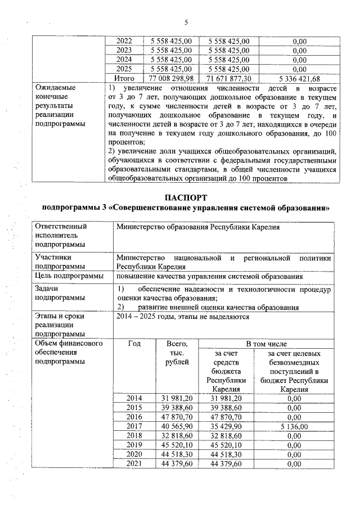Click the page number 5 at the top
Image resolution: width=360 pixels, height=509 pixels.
[x=186, y=22]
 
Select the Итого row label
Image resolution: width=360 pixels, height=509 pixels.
[x=124, y=78]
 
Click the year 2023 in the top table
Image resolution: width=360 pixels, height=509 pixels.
[x=124, y=50]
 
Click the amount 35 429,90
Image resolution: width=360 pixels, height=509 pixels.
[x=224, y=426]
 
